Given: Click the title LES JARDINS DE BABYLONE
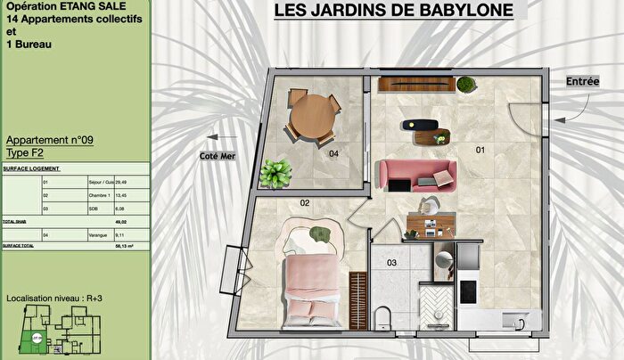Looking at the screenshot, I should point(393,11).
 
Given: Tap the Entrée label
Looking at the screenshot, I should point(582,81).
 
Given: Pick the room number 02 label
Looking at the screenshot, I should point(304,203).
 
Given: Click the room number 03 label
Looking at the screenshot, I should point(391,263).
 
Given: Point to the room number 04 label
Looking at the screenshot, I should point(333,154).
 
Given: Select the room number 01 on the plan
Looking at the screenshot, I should point(479,150).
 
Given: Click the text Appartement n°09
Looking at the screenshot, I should point(50,141).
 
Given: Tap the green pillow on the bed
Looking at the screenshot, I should point(320,234).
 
